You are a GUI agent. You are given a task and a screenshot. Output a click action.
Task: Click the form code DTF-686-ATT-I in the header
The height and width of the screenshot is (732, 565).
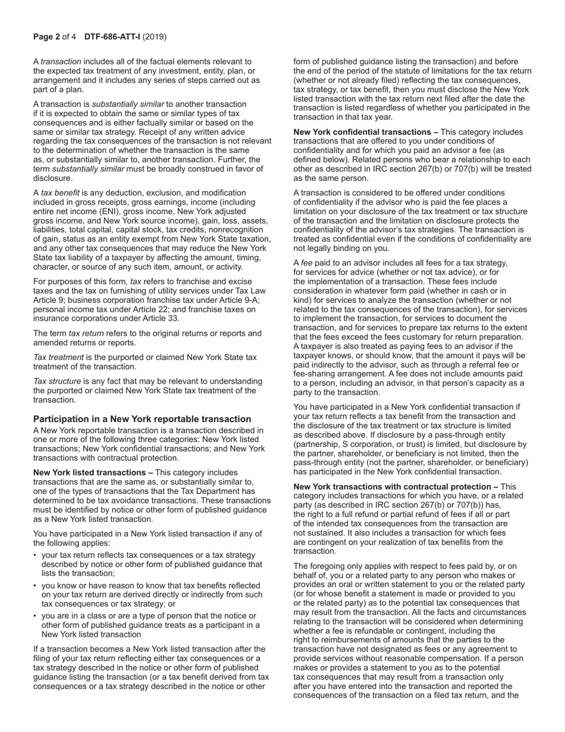[x=112, y=37]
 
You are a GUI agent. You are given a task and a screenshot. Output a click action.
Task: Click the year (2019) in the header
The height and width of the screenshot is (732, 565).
[x=155, y=37]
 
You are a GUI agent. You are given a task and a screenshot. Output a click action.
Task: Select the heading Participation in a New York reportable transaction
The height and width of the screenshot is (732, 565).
[x=142, y=419]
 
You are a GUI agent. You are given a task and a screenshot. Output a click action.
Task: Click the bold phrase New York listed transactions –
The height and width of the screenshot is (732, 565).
[x=93, y=473]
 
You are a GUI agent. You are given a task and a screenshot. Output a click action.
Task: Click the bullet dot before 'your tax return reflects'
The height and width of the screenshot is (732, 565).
[x=36, y=555]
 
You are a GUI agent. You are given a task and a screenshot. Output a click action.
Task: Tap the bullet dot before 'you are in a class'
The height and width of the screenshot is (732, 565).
[x=36, y=616]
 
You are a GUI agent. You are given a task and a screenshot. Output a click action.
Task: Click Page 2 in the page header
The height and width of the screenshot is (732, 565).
[x=46, y=37]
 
